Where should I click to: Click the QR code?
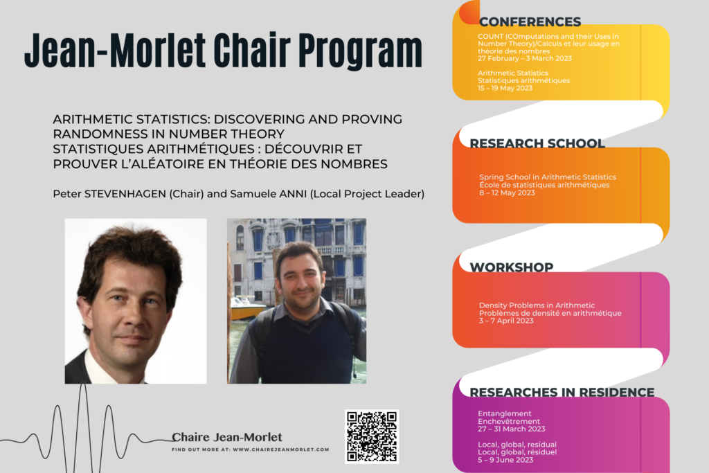coord(372,436)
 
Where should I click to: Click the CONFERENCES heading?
coord(530,21)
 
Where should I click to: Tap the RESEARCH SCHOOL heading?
coord(537,143)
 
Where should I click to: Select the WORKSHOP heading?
coord(512,267)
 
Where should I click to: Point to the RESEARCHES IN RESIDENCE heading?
coord(562,392)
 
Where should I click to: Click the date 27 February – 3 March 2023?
coord(525,58)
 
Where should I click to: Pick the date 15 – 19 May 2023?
coord(505,88)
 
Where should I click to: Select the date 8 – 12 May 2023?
coord(507,193)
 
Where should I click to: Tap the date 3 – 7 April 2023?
coord(506,321)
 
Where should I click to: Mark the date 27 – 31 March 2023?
coord(512,429)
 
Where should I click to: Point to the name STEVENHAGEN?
coord(125,193)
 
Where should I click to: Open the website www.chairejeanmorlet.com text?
coord(281,449)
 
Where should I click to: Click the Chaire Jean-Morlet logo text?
coord(227,437)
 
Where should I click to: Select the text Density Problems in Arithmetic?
coord(537,305)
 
